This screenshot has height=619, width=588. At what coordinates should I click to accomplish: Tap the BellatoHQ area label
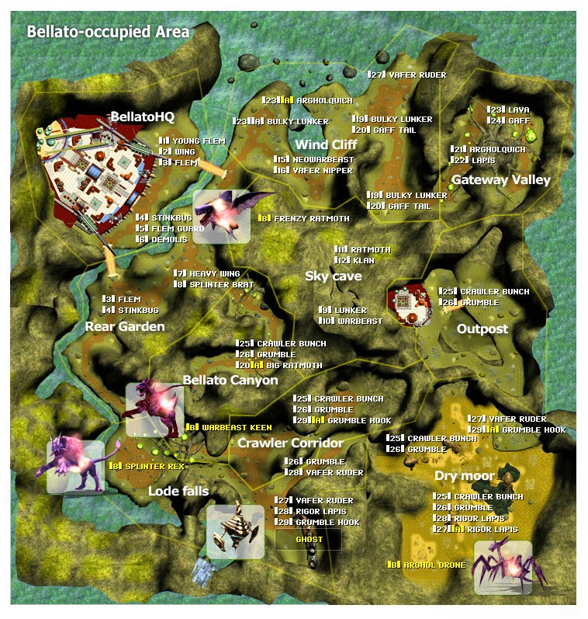[142, 116]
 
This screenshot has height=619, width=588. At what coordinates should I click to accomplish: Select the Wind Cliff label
[326, 144]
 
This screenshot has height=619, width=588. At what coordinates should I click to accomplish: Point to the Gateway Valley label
[500, 179]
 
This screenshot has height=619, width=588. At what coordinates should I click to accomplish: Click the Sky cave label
[333, 276]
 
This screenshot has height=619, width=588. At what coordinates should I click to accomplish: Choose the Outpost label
[482, 329]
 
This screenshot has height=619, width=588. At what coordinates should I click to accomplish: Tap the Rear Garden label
[125, 326]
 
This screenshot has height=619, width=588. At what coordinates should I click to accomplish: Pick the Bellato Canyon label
[230, 380]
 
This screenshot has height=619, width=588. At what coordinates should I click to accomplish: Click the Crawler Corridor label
[290, 443]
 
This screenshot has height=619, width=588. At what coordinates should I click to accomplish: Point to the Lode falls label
[178, 491]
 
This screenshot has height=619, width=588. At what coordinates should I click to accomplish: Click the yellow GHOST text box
[308, 539]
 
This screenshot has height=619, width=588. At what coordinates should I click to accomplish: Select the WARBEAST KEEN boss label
[229, 427]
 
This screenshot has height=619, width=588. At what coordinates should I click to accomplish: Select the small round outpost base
[408, 303]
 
